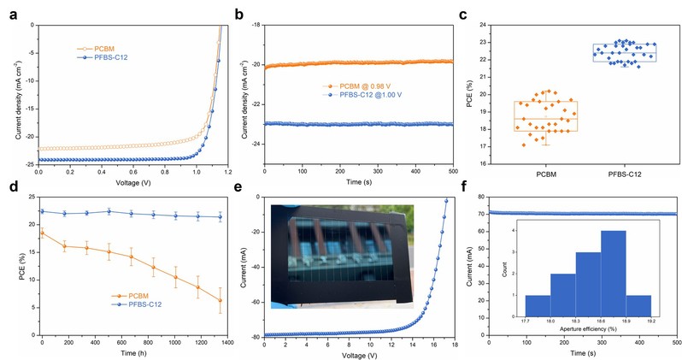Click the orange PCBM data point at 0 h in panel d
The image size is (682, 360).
tap(42, 232)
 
